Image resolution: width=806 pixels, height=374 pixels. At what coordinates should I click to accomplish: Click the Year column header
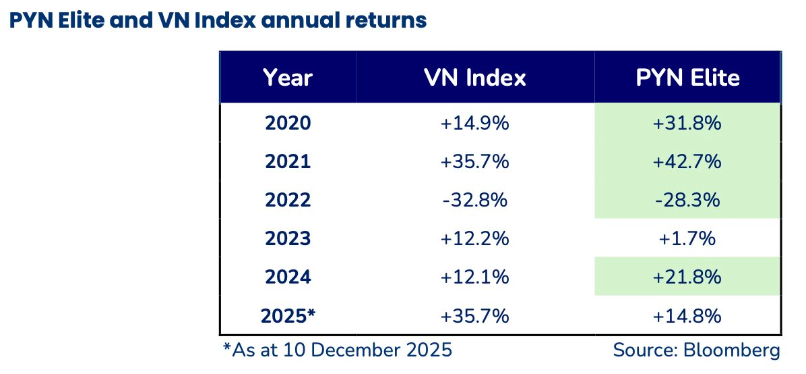click(x=288, y=78)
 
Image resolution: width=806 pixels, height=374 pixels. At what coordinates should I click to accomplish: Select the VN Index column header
click(x=475, y=78)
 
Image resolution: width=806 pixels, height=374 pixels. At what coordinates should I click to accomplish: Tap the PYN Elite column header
click(x=687, y=78)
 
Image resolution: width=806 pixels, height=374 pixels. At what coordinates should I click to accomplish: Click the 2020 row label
click(x=288, y=124)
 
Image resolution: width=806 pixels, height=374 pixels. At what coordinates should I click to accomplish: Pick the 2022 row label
click(x=288, y=200)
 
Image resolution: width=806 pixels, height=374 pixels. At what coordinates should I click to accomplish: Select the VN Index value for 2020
click(x=475, y=124)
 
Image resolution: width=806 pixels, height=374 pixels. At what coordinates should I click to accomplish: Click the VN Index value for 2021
click(x=475, y=162)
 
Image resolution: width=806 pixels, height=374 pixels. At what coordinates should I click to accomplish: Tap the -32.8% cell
click(x=475, y=200)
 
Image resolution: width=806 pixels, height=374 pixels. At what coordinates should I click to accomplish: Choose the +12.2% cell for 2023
click(x=475, y=238)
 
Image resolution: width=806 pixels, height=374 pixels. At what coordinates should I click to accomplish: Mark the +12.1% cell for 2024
click(x=475, y=277)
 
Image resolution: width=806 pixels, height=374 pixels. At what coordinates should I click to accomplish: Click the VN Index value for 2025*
click(x=475, y=315)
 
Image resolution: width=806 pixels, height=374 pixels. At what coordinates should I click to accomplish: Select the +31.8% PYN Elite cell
click(x=687, y=124)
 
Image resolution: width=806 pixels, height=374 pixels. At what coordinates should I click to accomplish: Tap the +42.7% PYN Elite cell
click(x=687, y=162)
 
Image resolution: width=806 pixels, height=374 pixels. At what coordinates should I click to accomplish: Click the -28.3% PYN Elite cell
click(x=687, y=200)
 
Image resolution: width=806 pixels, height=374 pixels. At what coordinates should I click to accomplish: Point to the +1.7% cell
click(x=687, y=238)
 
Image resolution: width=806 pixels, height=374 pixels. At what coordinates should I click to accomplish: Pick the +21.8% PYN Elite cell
click(x=687, y=277)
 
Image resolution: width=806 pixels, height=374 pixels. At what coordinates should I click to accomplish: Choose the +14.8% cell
click(x=687, y=315)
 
